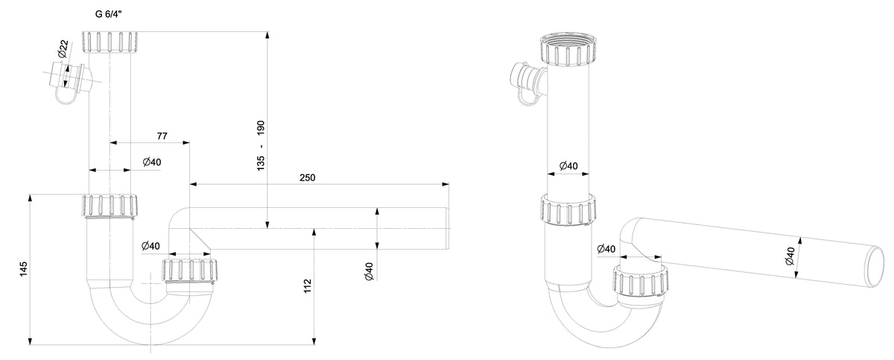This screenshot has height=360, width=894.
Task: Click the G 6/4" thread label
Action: point(108,14)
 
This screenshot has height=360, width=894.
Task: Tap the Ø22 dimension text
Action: point(63,48)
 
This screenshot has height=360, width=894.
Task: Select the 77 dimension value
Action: point(162,136)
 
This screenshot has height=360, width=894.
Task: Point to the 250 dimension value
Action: point(307,177)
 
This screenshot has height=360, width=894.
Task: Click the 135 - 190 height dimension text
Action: point(261,145)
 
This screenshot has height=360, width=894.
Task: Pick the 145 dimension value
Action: point(24,269)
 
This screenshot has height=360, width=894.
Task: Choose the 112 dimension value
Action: point(307,286)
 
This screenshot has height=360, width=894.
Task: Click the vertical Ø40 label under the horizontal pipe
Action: point(370,271)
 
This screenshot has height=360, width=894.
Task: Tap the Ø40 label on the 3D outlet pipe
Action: point(790,256)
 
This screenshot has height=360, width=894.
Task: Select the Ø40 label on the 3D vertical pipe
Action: point(568,165)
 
